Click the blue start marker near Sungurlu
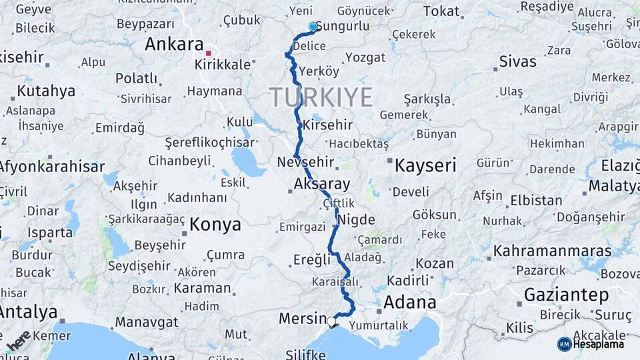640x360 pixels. coord(313,27)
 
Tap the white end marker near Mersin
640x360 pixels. coord(331,322)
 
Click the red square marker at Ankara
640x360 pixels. coord(209,53)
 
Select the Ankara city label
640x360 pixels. coord(174,45)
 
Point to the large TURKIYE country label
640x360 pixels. coord(321,97)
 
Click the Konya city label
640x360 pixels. coord(215,225)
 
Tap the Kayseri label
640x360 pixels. coord(425,165)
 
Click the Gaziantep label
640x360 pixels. coord(567,294)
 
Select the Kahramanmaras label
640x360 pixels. coord(552,251)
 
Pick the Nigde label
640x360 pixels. coord(357,219)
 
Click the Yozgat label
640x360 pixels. coord(366,57)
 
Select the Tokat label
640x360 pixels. coord(441,11)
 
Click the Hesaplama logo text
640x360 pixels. coord(599,344)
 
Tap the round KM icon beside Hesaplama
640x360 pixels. coord(564,344)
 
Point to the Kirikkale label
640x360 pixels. coord(223,65)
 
